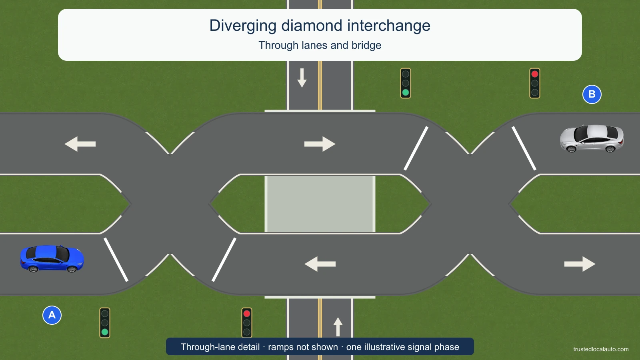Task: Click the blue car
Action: [x=52, y=258]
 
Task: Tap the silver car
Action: [x=592, y=138]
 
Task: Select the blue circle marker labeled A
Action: [x=52, y=315]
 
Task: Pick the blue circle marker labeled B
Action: [x=592, y=94]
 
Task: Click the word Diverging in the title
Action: [x=243, y=26]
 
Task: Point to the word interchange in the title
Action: [x=388, y=26]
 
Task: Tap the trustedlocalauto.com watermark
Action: [x=601, y=349]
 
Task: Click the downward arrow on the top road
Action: [x=302, y=78]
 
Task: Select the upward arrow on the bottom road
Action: [x=338, y=327]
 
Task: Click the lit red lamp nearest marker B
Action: [x=535, y=74]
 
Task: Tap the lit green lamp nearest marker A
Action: [x=105, y=332]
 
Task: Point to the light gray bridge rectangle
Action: [x=320, y=204]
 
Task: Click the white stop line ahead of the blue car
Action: [x=116, y=260]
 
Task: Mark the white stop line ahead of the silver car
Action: [x=524, y=148]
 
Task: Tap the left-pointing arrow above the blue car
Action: [x=80, y=144]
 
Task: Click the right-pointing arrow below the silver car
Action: [x=580, y=264]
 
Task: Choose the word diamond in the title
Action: [x=312, y=26]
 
